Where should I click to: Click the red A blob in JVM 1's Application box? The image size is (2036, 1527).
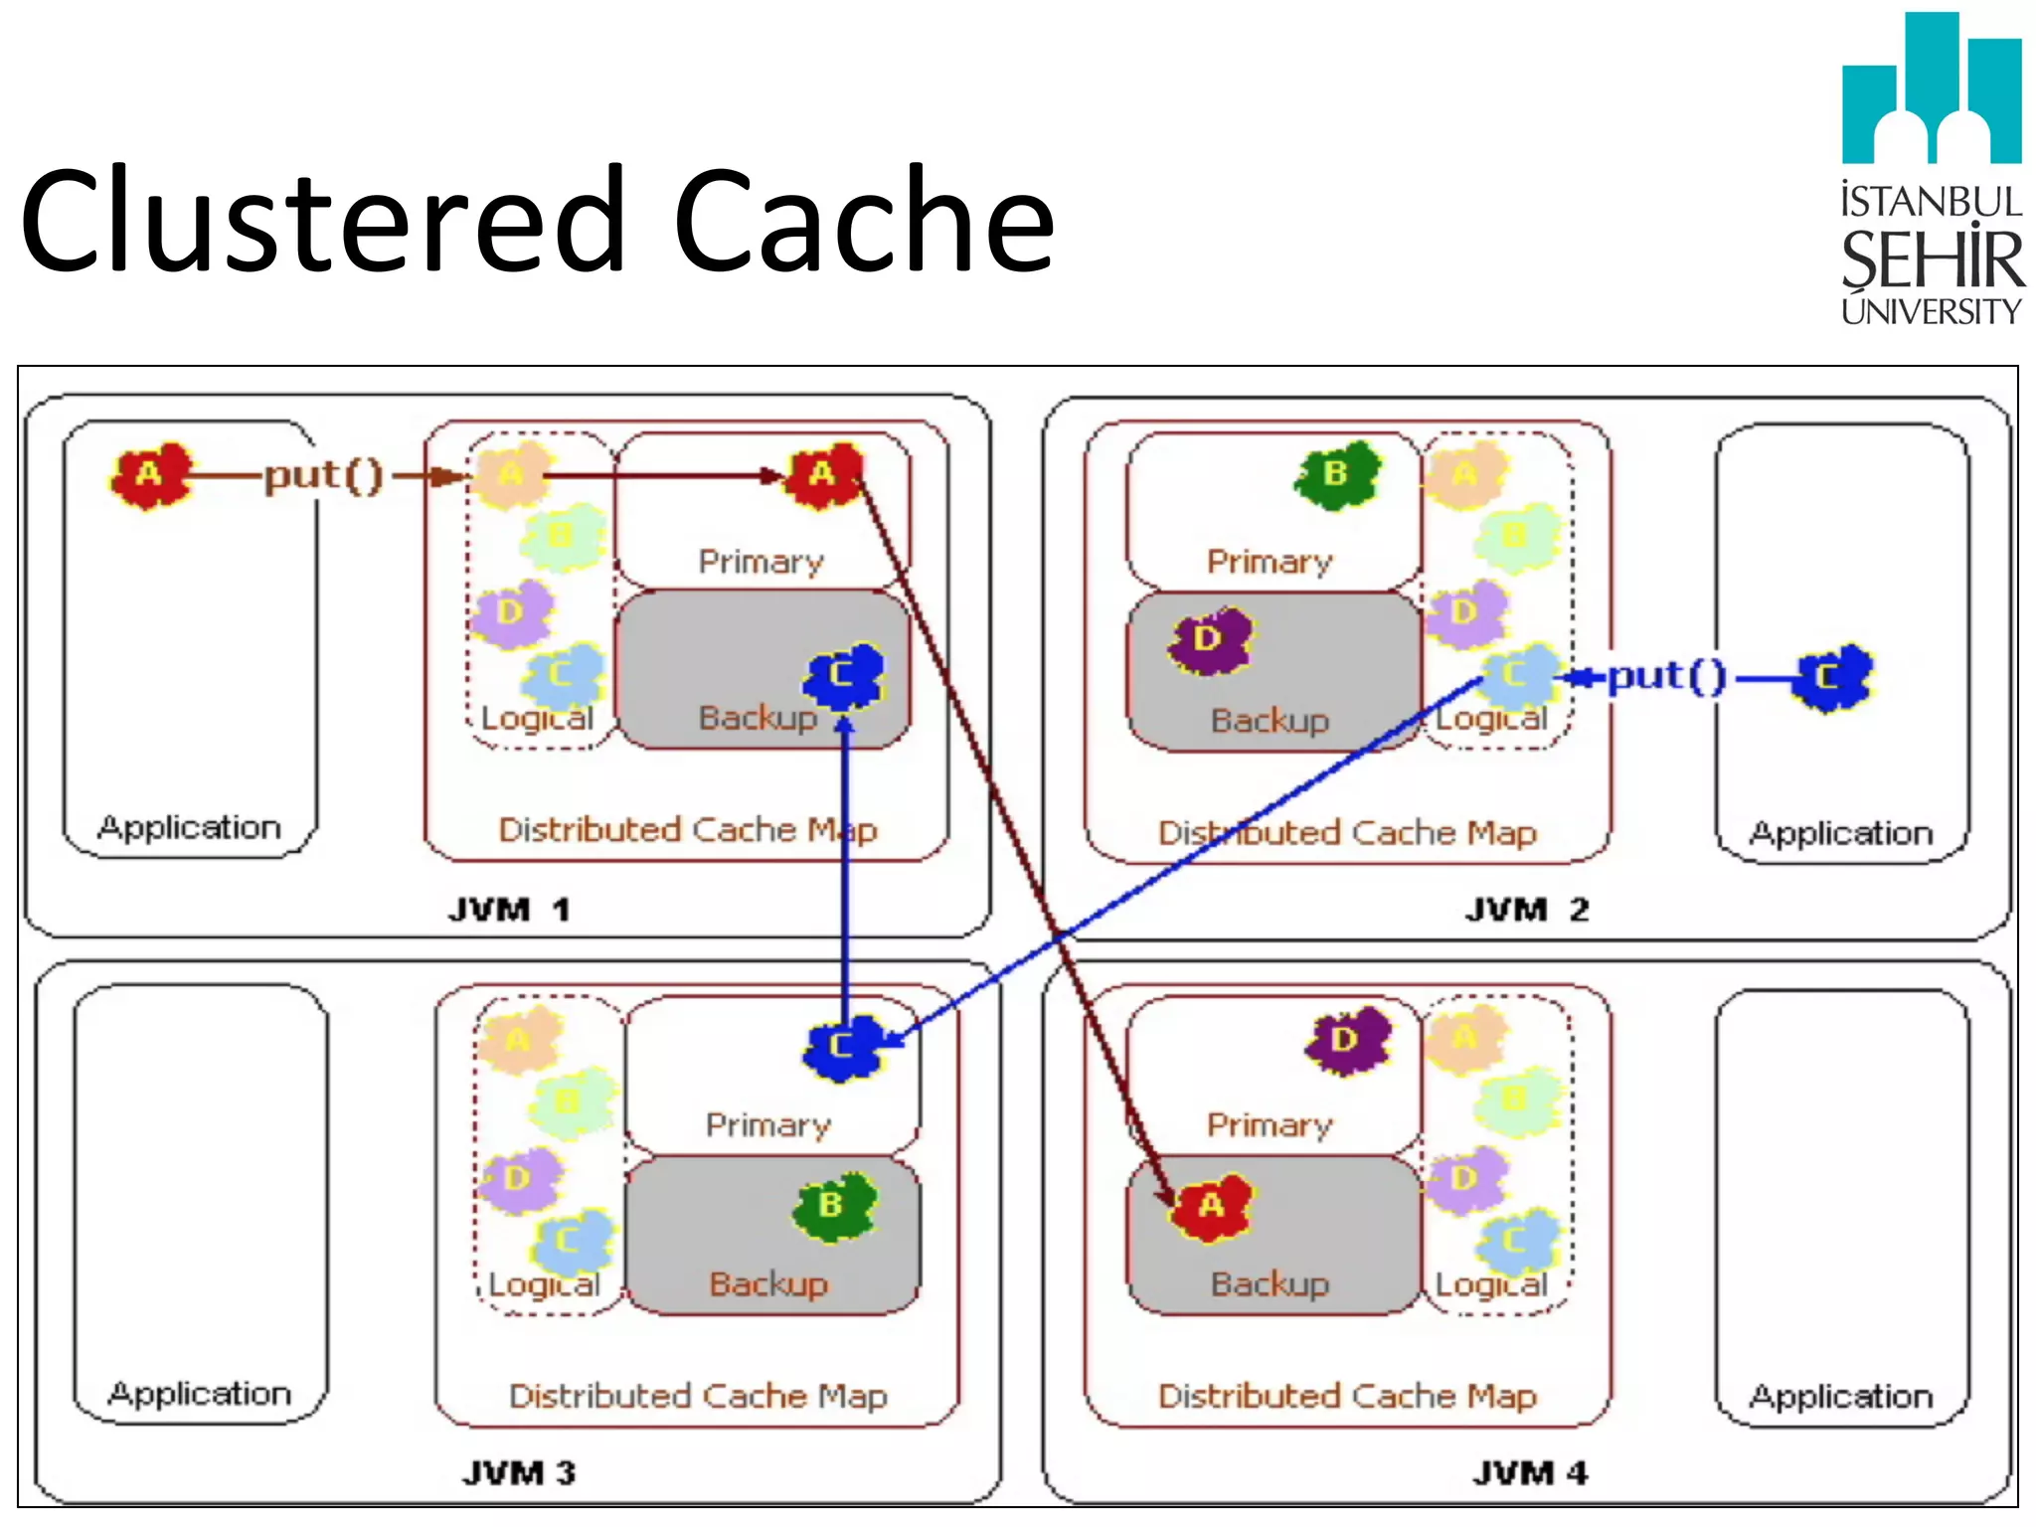coord(149,475)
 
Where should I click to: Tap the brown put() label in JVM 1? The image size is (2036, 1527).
coord(323,475)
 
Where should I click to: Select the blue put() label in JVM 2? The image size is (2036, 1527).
coord(1666,677)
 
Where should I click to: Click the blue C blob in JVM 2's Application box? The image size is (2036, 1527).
coord(1831,677)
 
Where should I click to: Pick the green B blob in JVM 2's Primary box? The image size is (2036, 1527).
coord(1337,475)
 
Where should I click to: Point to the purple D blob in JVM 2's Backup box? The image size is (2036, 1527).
coord(1210,639)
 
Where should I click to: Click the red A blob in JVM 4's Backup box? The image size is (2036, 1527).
coord(1210,1207)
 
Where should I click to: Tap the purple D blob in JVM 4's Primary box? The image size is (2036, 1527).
coord(1346,1040)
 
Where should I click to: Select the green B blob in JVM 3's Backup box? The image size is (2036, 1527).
coord(833,1205)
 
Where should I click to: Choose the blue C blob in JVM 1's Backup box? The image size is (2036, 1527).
coord(843,676)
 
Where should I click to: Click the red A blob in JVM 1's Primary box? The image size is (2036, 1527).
coord(823,475)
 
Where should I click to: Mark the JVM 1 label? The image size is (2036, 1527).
coord(508,909)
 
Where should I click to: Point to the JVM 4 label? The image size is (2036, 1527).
coord(1529,1472)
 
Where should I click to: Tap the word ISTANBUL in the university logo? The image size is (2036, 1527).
coord(1930,202)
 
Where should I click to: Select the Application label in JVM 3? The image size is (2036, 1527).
coord(199,1393)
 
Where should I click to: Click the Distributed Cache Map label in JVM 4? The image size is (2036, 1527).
coord(1347,1396)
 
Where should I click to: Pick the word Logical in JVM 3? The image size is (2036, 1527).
coord(544,1283)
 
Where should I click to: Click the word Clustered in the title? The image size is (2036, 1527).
coord(324,221)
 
